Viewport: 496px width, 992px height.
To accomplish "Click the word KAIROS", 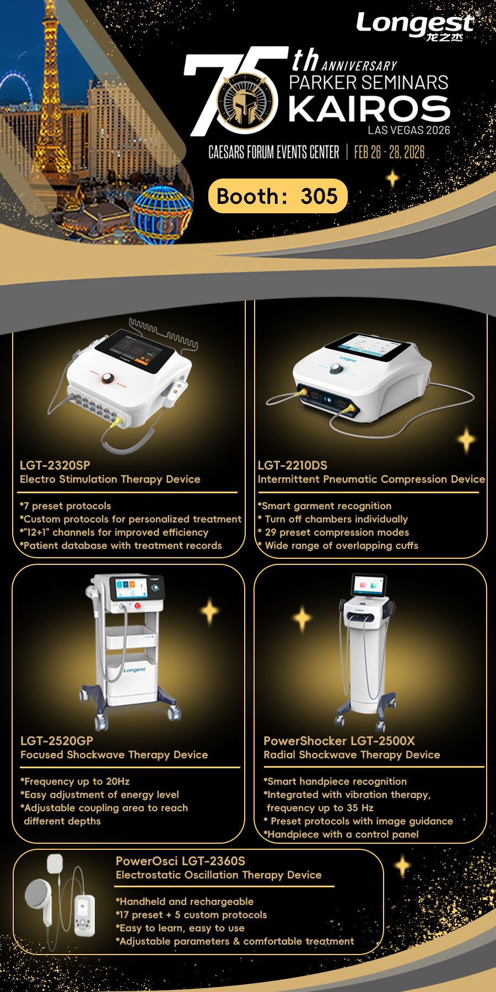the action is pos(369,109).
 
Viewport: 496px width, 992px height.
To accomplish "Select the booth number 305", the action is pos(319,196).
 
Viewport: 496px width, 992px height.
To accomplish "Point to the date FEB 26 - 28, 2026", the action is pos(389,152).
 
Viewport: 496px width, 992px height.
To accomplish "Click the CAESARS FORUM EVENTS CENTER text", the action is pos(274,152).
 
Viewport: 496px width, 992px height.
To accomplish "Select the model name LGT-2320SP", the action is pos(55,465).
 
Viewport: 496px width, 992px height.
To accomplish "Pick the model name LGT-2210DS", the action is pos(293,465).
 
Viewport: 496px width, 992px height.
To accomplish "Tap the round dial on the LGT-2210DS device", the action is pos(336,370).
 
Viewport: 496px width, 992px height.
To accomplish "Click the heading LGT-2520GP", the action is pos(57,741).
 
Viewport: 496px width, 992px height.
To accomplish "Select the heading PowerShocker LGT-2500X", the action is pos(339,741).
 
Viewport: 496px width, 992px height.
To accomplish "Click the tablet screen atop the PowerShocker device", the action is pos(369,584).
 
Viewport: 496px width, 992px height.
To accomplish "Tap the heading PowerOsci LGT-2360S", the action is pos(181,861).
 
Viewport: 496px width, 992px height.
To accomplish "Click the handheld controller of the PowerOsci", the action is pos(84,915).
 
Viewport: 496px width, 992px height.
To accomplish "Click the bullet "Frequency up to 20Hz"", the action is pos(76,781).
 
